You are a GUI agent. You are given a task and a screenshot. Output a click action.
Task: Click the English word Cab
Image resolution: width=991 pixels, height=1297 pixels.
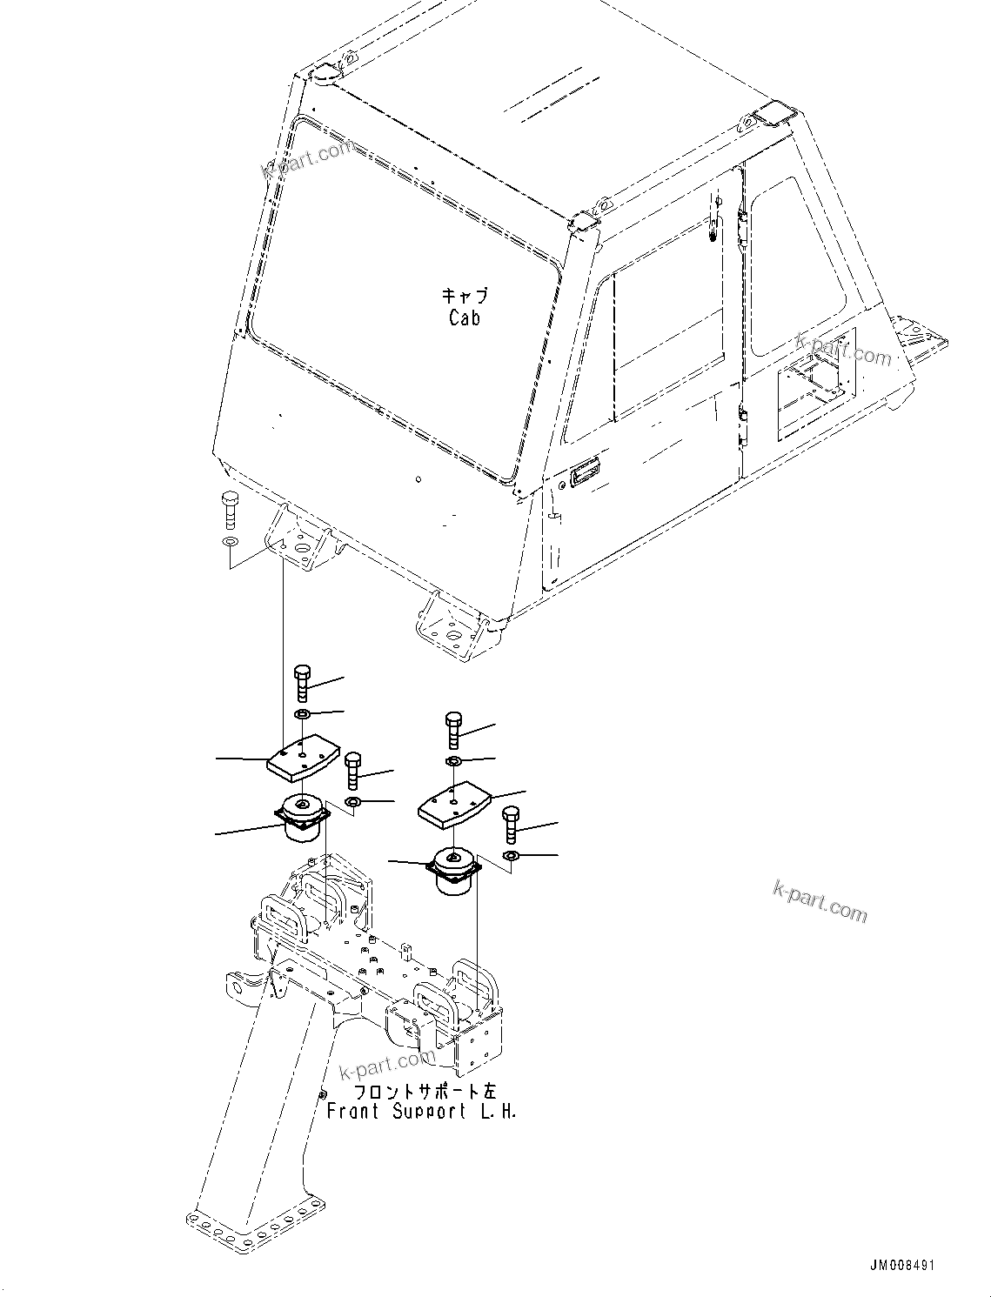point(464,318)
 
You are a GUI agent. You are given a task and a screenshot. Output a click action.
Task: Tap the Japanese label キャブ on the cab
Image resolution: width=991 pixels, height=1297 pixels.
point(465,296)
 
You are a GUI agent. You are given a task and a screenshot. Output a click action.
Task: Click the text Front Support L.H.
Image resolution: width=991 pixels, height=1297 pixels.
point(421,1112)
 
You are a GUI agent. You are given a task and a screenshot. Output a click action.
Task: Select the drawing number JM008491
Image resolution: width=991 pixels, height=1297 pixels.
point(902,1266)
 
